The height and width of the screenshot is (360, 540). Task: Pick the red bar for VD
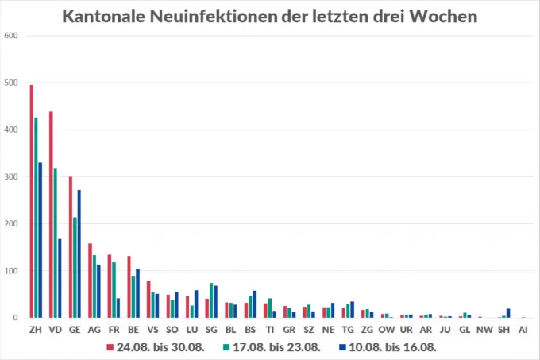51,215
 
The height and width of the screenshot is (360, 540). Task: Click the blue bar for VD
60,278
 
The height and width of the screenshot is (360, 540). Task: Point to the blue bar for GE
79,254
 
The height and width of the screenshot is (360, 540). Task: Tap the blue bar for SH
508,313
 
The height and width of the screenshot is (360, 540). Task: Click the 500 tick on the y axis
10,83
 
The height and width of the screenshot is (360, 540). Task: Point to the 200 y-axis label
10,224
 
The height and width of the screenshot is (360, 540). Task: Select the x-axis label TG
347,329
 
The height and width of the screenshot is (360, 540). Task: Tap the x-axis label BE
133,329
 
